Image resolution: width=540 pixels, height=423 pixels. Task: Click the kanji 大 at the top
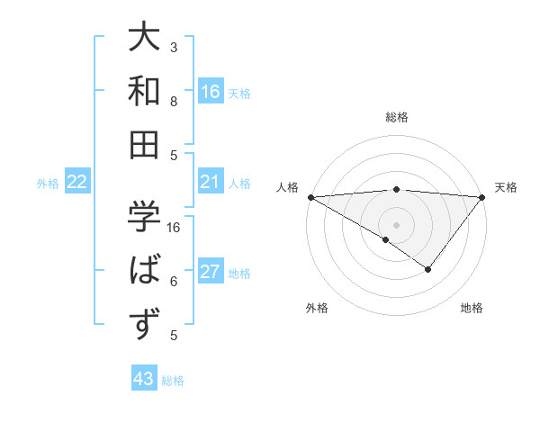144,40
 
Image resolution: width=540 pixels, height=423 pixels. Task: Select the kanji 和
144,92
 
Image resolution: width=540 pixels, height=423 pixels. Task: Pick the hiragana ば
144,271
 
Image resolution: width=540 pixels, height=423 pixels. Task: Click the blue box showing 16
210,91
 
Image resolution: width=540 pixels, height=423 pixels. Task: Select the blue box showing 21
210,182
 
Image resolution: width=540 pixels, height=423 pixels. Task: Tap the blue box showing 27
210,272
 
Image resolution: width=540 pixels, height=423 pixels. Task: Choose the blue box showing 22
77,182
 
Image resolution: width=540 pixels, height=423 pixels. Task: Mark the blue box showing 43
144,379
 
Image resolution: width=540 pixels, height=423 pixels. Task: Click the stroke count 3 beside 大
174,47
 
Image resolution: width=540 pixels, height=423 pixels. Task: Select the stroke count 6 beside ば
174,281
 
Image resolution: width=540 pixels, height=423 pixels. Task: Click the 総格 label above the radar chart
396,117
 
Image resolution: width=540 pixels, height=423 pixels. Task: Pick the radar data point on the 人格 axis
310,197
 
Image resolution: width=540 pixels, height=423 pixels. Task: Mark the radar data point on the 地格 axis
428,269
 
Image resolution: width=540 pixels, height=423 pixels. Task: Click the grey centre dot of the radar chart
396,224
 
